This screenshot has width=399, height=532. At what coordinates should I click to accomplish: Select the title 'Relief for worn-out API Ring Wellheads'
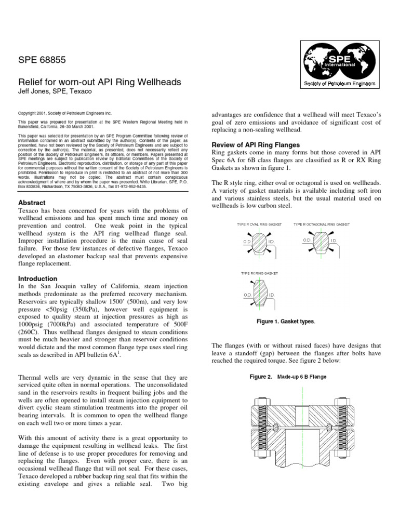coord(99,82)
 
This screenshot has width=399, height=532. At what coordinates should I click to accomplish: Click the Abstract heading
coord(32,202)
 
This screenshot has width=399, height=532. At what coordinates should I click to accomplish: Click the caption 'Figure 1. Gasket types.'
coord(286,322)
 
